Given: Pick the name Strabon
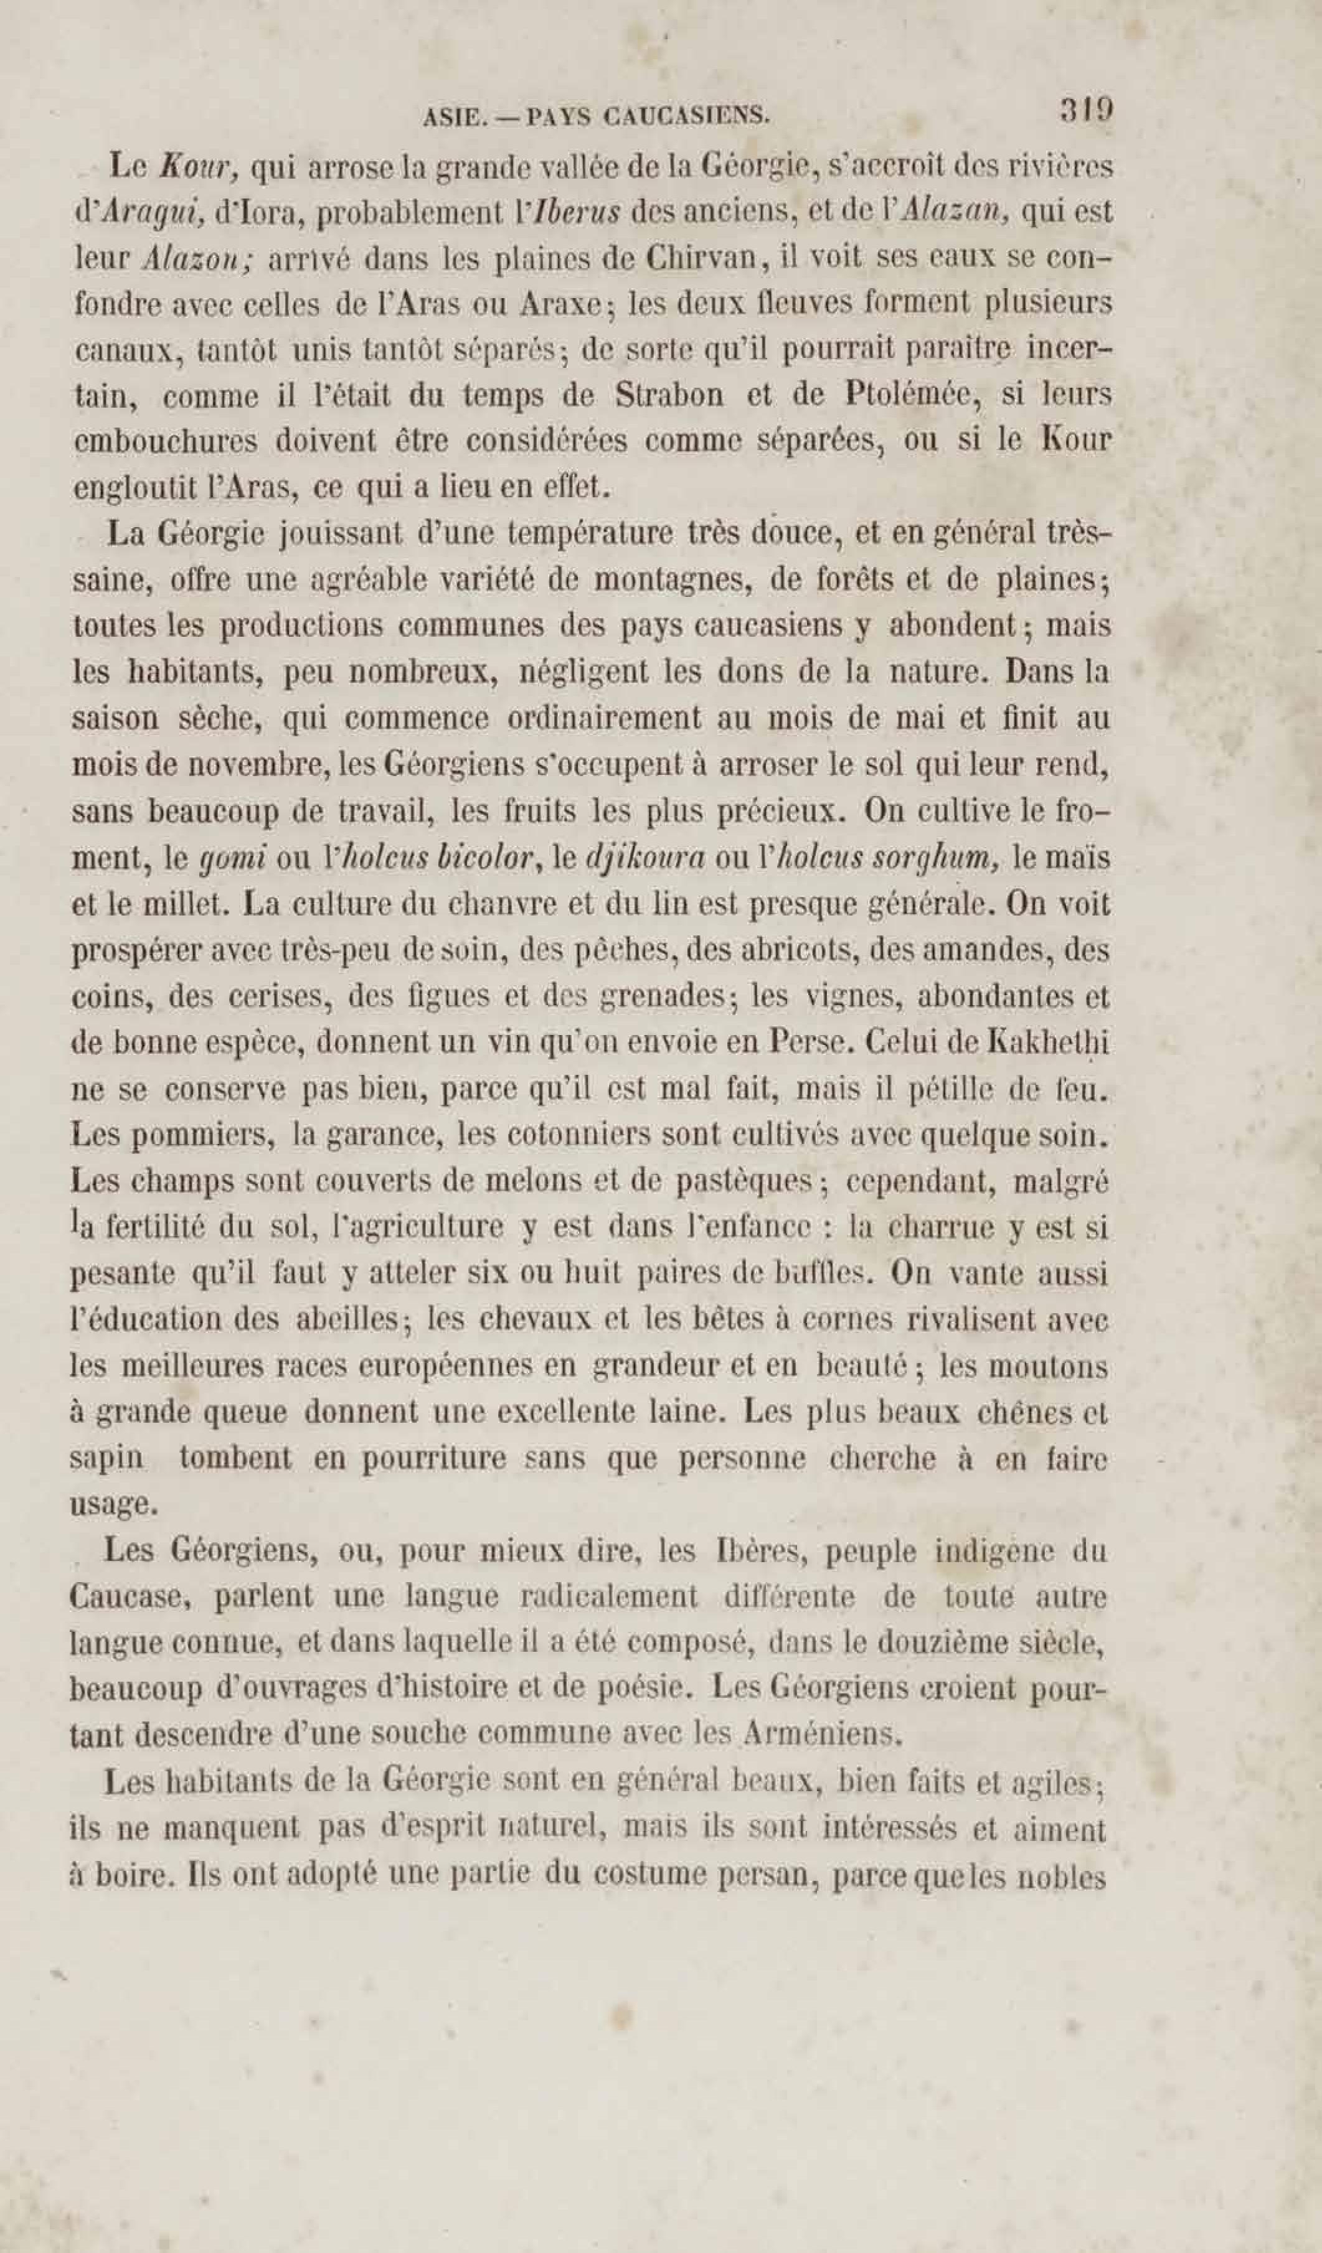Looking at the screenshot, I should tap(669, 395).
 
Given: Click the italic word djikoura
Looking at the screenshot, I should tap(643, 858).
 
